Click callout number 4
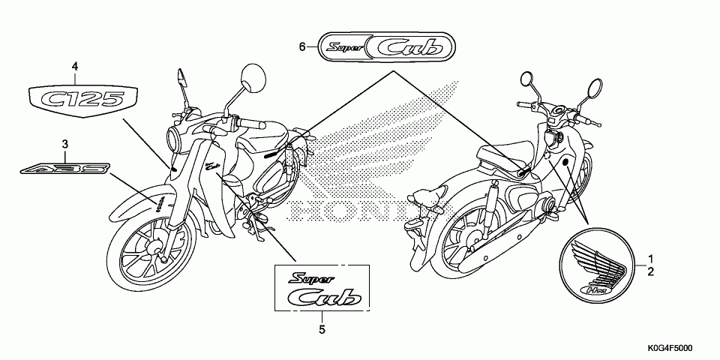click(75, 67)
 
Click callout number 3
click(65, 143)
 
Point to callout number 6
click(302, 47)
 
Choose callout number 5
click(322, 328)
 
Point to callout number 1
click(650, 257)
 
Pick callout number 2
click(650, 270)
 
